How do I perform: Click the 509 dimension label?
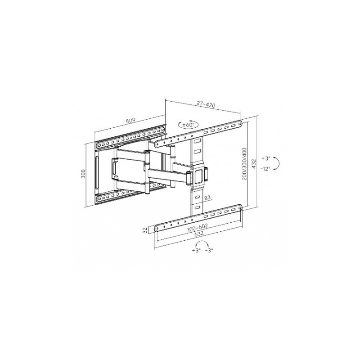point(130,121)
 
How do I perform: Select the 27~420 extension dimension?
point(206,104)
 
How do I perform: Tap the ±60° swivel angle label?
point(189,125)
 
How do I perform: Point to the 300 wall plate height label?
point(83,174)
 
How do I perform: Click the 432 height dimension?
point(254,163)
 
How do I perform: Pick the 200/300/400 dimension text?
point(244,164)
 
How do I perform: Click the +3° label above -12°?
point(266,158)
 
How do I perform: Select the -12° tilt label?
point(265,169)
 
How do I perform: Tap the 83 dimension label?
point(207,198)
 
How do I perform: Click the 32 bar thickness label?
point(145,230)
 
